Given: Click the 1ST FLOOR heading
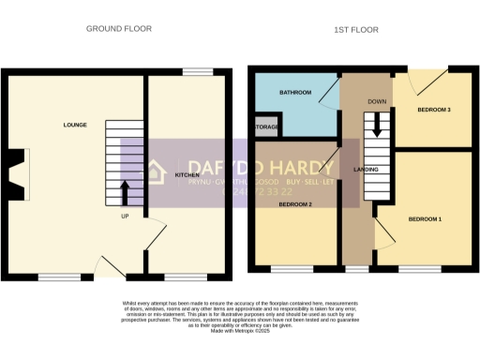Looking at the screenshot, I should [x=356, y=30].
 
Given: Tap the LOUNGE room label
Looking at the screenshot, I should [x=75, y=125].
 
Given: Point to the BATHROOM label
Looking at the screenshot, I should [x=295, y=94].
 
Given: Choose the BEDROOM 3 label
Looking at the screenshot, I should [x=434, y=111].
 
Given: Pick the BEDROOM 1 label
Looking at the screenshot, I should [x=425, y=218].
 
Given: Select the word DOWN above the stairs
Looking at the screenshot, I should [x=378, y=101].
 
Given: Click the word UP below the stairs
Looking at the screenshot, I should [x=125, y=217].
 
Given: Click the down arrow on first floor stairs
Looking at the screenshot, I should [x=378, y=125].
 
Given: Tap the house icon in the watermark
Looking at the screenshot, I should [x=155, y=173].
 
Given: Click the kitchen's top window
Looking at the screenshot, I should [x=196, y=72].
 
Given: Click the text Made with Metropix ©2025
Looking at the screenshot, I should [x=240, y=332].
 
